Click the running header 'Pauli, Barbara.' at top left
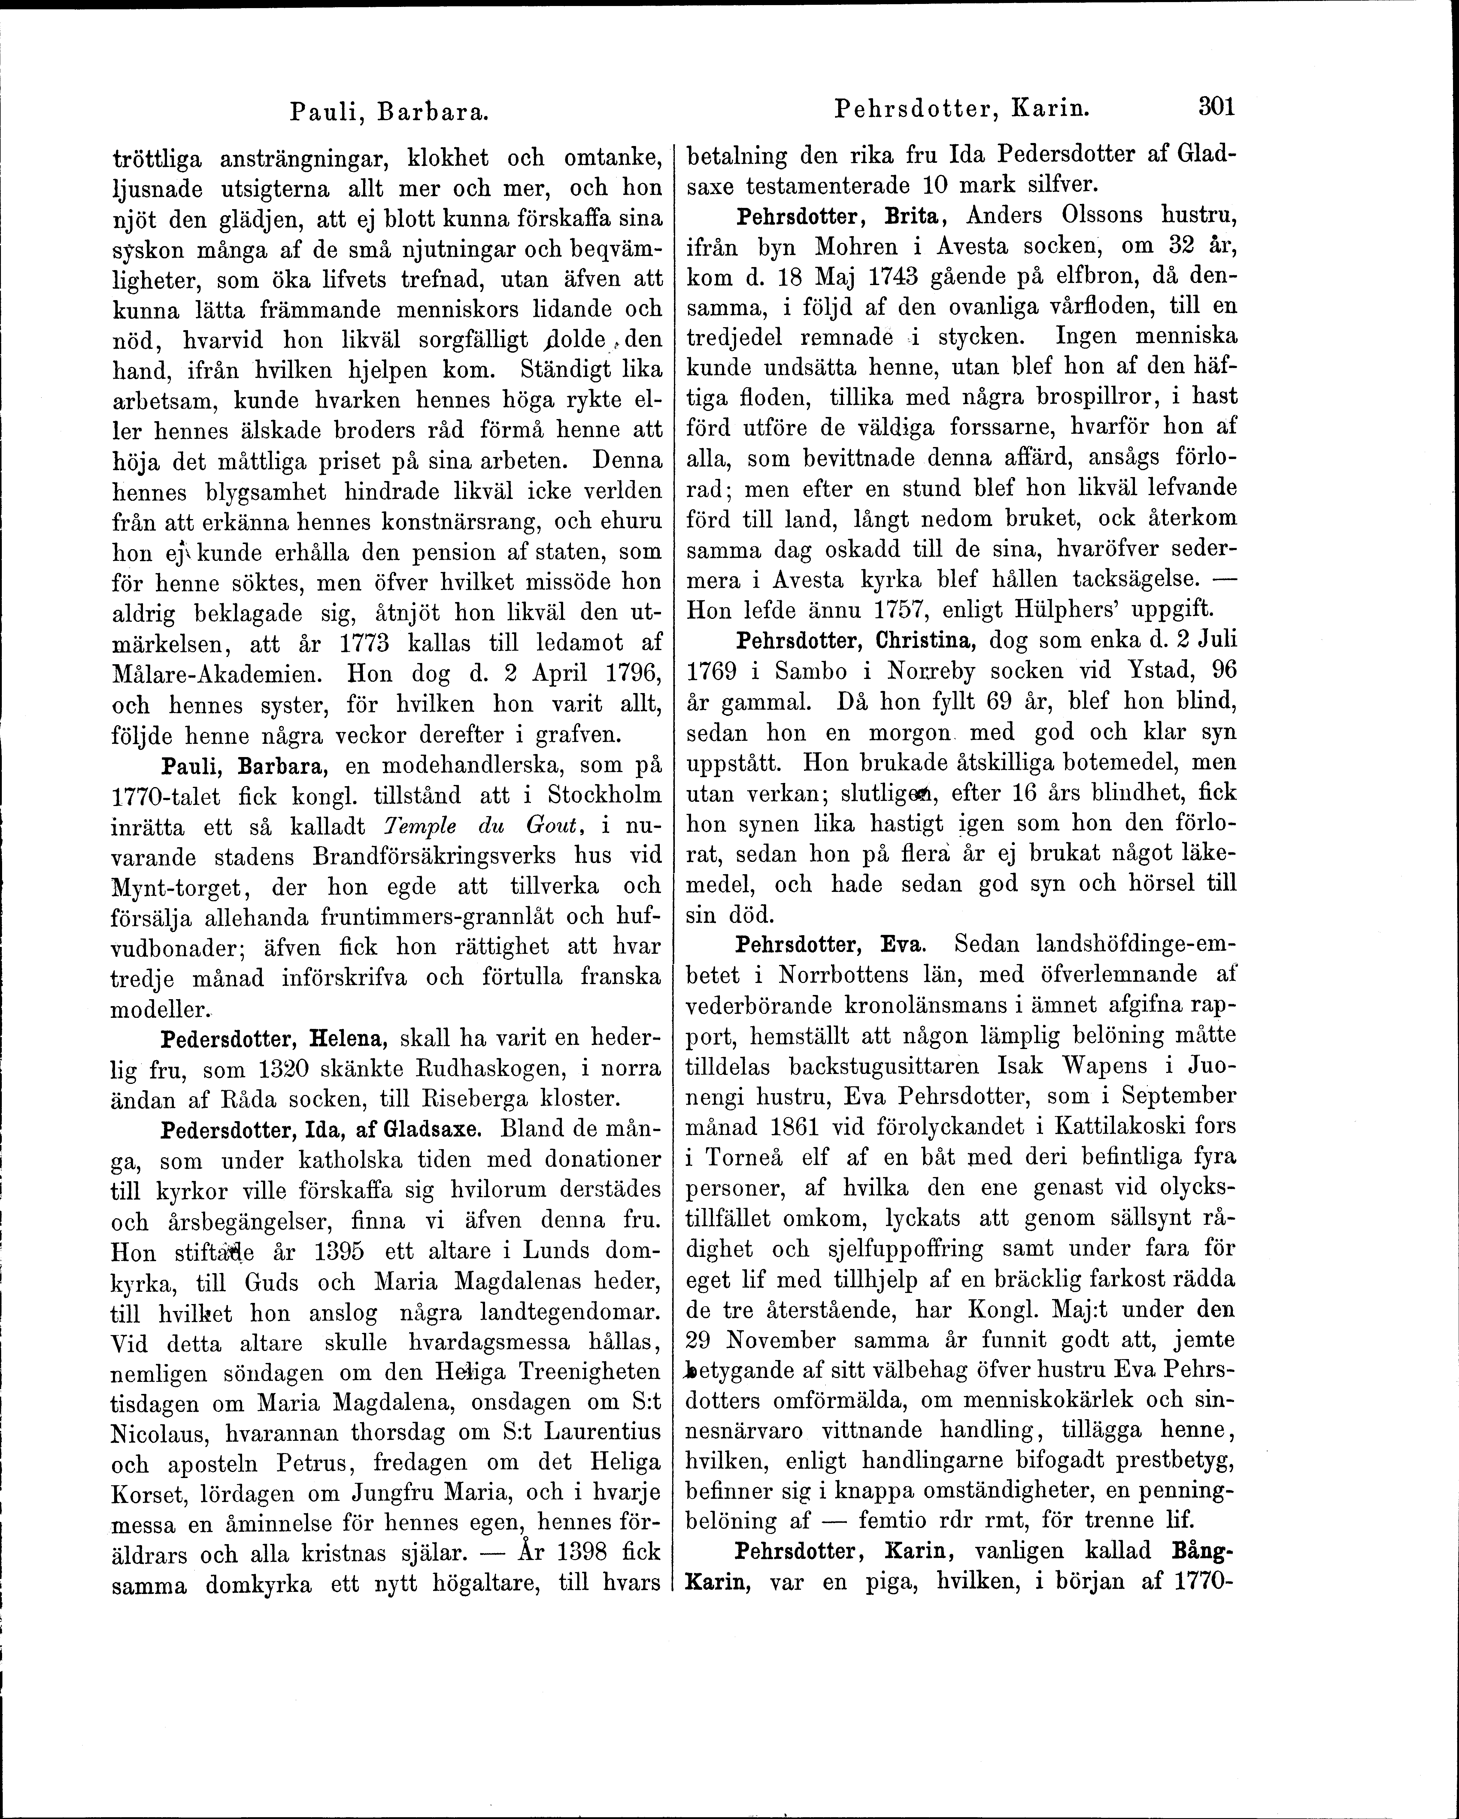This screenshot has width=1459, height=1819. tap(390, 111)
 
